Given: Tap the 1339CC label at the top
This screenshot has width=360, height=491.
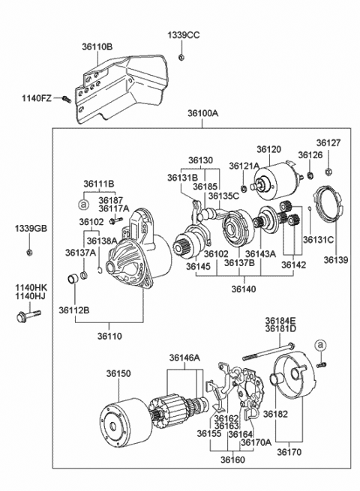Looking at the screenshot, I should coord(183,35).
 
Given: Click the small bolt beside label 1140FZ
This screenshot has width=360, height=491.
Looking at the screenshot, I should coord(67,98).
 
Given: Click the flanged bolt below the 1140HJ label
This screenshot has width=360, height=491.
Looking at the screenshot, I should coord(19,317).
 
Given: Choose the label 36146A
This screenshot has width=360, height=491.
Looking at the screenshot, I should coord(184,358).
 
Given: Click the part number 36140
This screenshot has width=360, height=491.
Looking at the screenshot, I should coord(244,288).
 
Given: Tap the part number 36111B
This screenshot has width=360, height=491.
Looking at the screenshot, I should coord(98,184).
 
